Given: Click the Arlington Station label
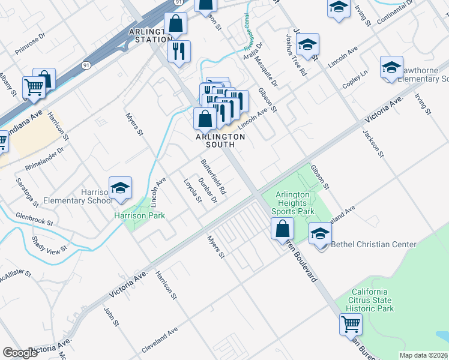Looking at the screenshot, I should (150, 35).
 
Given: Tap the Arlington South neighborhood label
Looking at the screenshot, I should (220, 140).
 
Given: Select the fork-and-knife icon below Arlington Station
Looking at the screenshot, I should (179, 51).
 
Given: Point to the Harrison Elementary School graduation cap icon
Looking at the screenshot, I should (120, 188).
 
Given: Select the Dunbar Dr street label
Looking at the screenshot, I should (207, 191).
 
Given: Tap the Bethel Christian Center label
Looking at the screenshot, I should (374, 244).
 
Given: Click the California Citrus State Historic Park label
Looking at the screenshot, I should (372, 299).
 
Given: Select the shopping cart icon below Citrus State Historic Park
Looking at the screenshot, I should (351, 324).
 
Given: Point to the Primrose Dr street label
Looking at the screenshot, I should (30, 44).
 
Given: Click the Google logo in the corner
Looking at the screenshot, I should (20, 353).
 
